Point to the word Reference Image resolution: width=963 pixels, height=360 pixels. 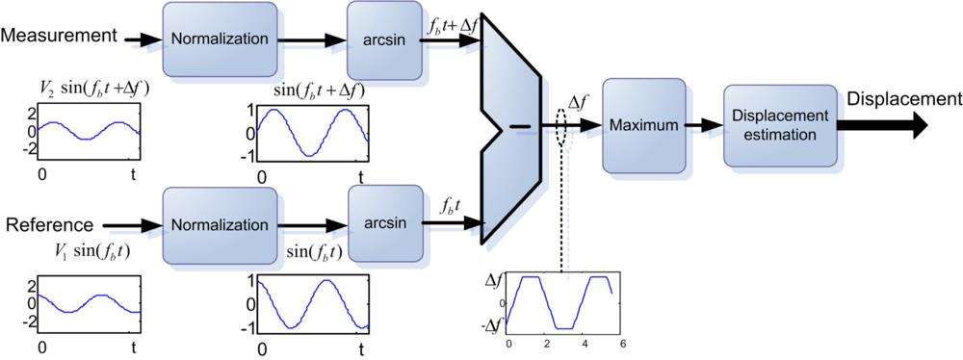click(49, 225)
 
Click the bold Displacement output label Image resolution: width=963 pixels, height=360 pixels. click(903, 99)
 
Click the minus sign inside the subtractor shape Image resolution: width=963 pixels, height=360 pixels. click(520, 126)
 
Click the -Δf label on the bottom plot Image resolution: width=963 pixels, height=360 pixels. click(496, 326)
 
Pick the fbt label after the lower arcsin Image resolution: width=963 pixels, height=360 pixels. click(451, 206)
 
